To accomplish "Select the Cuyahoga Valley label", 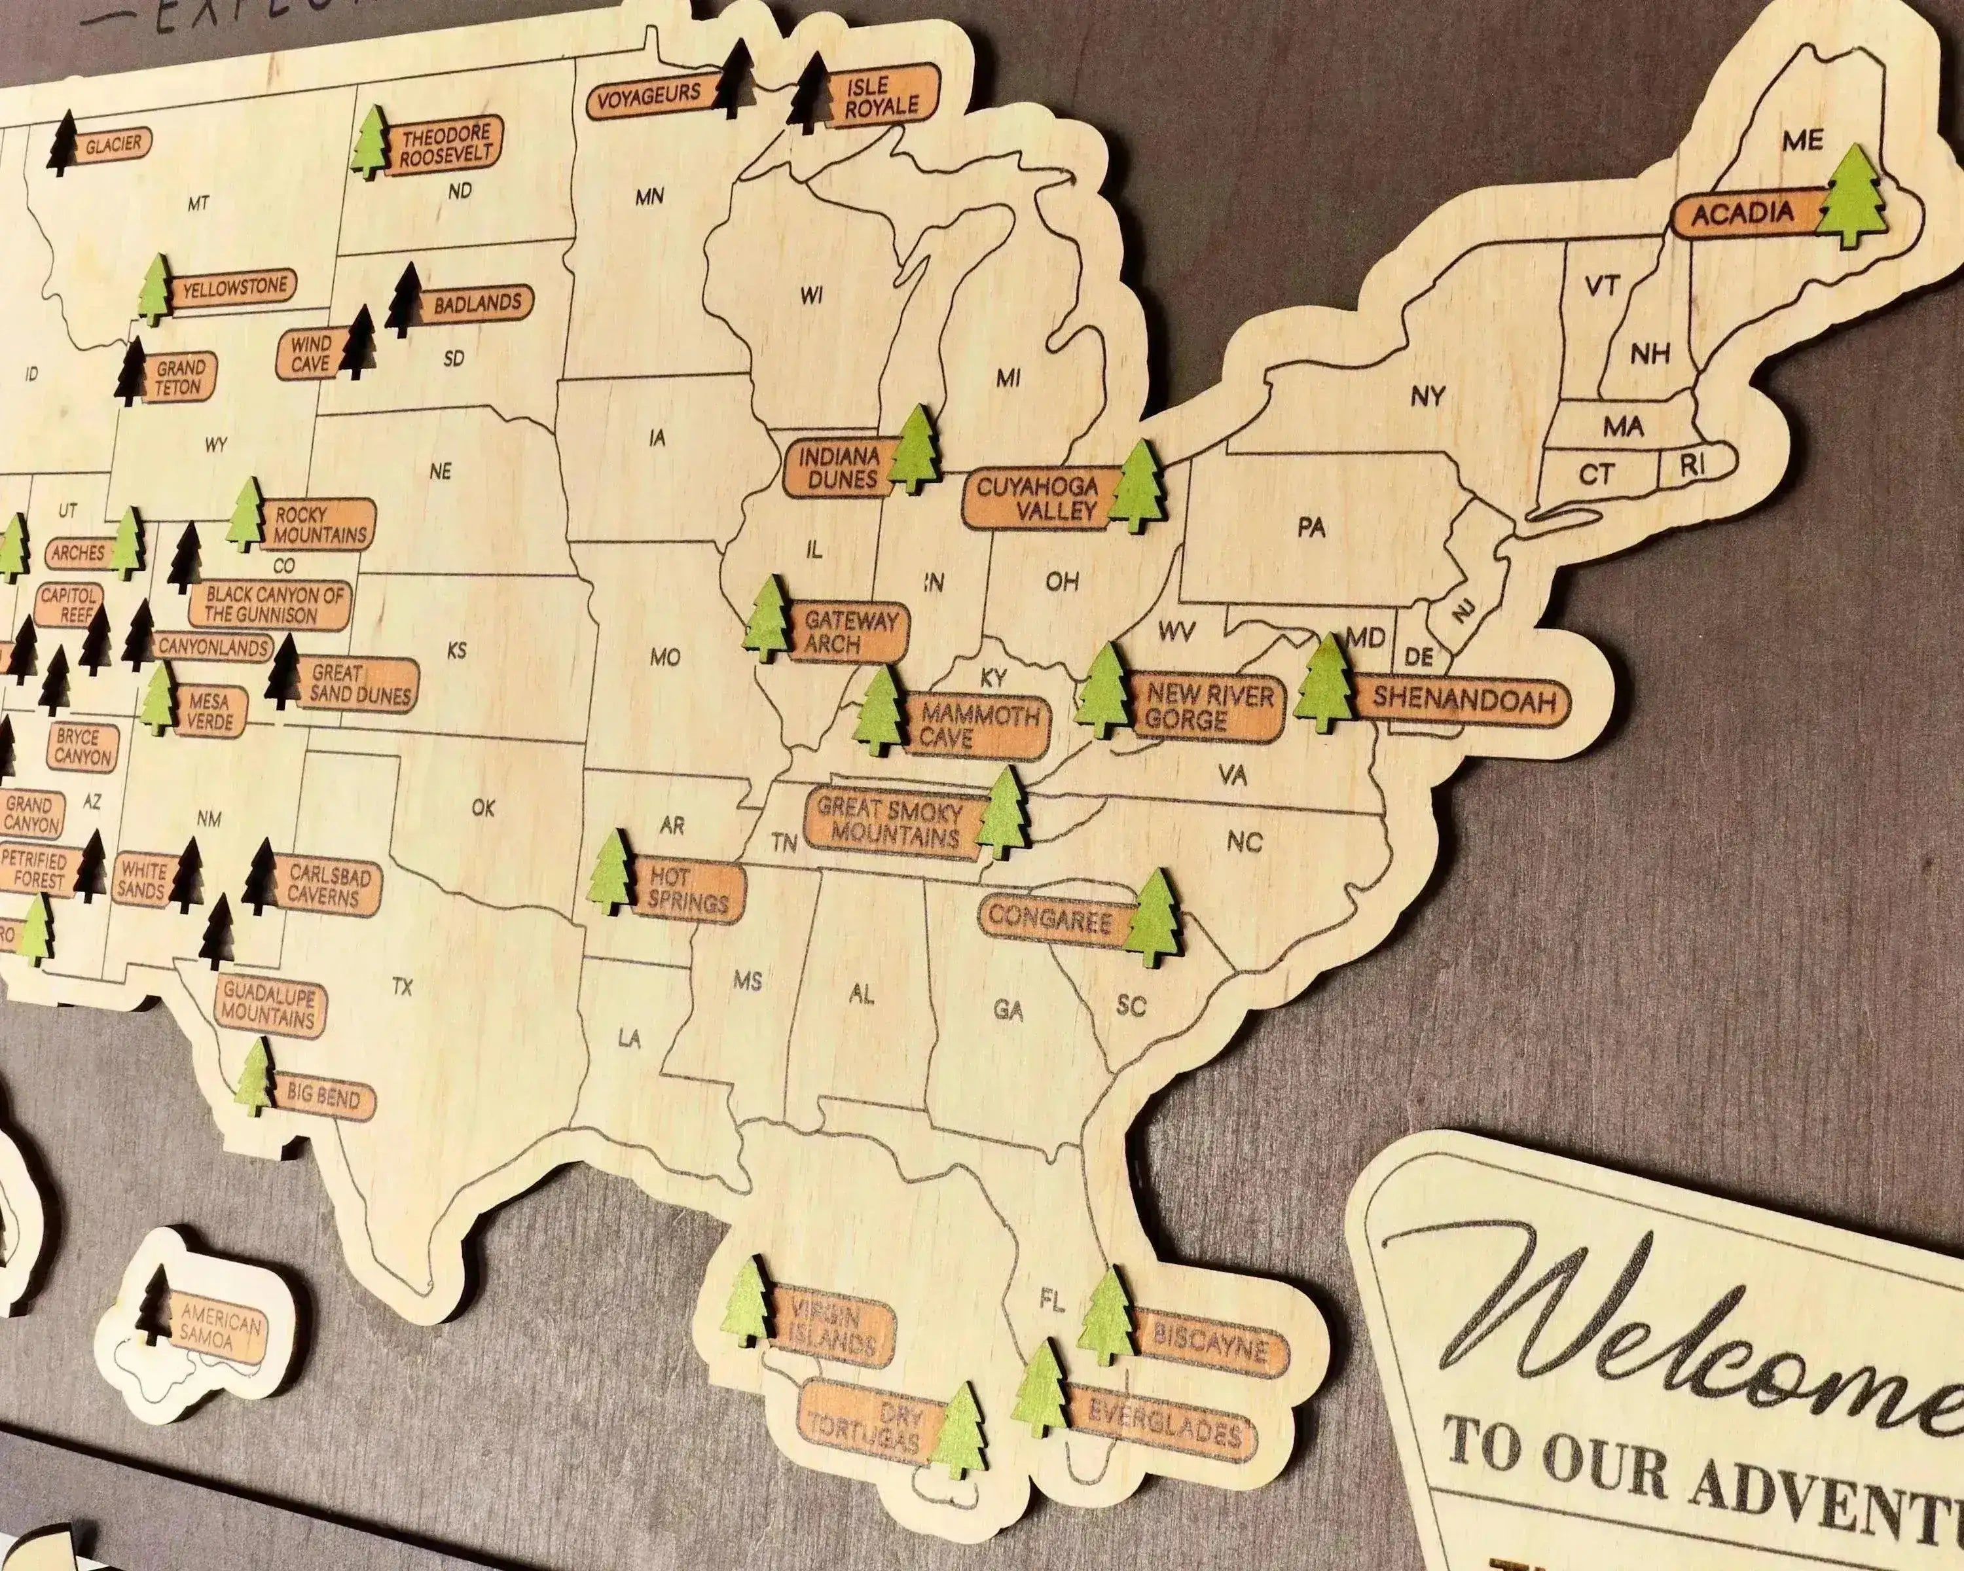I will click(x=1036, y=498).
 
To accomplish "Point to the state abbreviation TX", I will click(x=402, y=986).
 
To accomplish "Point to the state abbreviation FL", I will click(x=1051, y=1303).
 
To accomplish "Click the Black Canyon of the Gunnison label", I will click(x=272, y=605).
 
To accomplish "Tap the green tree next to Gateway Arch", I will click(x=768, y=619).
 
